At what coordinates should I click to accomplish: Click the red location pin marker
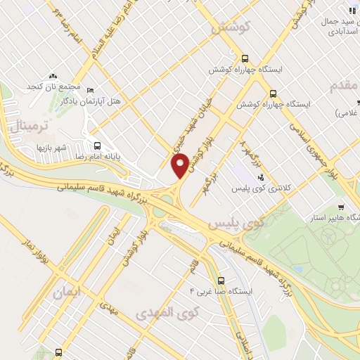pyautogui.click(x=180, y=165)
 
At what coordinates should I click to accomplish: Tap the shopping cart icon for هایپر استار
pyautogui.click(x=340, y=207)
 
